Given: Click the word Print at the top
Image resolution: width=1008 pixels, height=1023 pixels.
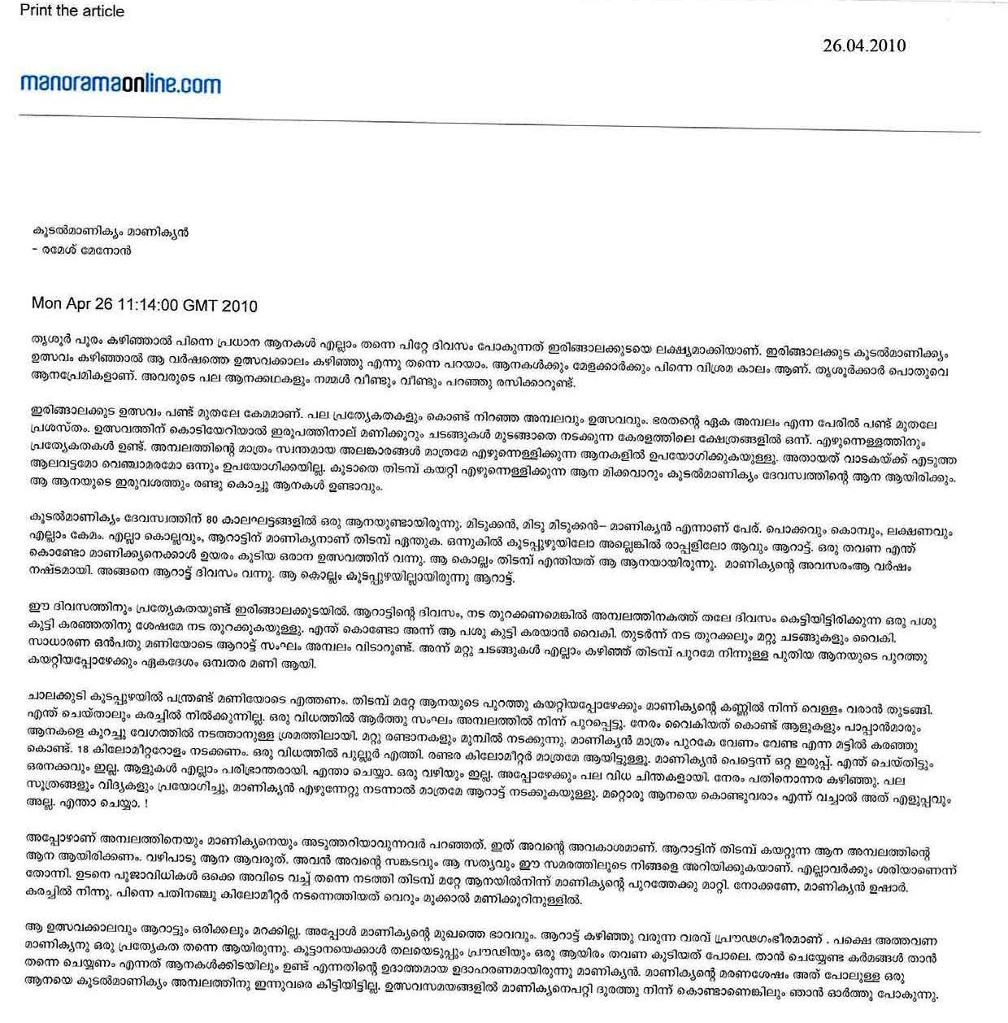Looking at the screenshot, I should coord(36,11).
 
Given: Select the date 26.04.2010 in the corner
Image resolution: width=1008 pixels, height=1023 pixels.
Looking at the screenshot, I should coord(864,46).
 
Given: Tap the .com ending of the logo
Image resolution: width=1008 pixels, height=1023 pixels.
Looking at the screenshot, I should coord(202,84).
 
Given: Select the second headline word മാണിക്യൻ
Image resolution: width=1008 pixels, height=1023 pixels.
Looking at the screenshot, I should coord(159,232).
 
